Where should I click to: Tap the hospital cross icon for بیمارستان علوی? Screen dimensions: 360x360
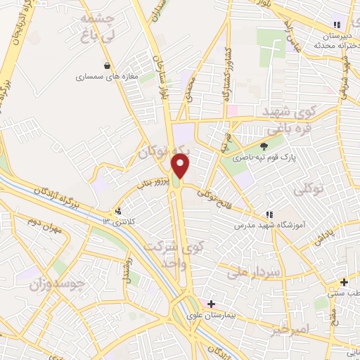(211, 303)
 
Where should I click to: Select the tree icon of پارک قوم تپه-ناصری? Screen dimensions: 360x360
(264, 146)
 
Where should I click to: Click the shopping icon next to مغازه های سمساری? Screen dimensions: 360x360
(107, 66)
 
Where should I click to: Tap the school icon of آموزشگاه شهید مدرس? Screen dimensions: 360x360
(268, 214)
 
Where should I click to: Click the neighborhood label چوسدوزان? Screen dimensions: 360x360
(57, 285)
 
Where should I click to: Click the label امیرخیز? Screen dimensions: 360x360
(289, 329)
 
